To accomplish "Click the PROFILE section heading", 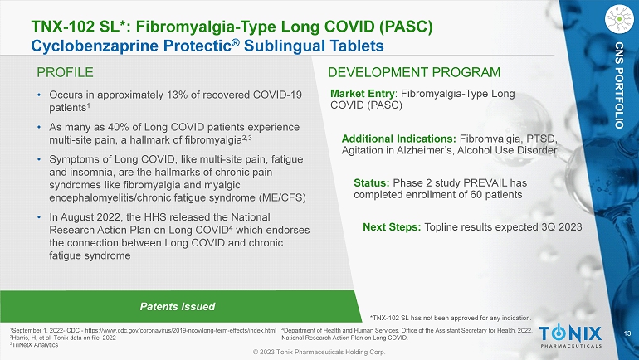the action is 65,72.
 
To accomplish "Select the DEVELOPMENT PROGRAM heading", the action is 414,72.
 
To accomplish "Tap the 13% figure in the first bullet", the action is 177,95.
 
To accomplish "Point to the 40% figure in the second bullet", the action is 118,127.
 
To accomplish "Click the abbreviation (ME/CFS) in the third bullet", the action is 282,198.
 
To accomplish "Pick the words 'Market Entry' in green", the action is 363,94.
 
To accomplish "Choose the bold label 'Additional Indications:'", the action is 399,139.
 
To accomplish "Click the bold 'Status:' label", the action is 372,182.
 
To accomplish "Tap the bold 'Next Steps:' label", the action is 392,226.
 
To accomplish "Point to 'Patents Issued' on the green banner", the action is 178,307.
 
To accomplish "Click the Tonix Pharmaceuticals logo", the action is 571,337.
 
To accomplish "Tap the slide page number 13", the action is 627,334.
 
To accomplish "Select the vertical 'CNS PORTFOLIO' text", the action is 619,85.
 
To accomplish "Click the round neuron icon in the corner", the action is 619,19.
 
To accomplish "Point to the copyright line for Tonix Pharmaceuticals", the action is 319,353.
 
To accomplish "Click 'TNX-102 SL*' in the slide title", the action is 80,27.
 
